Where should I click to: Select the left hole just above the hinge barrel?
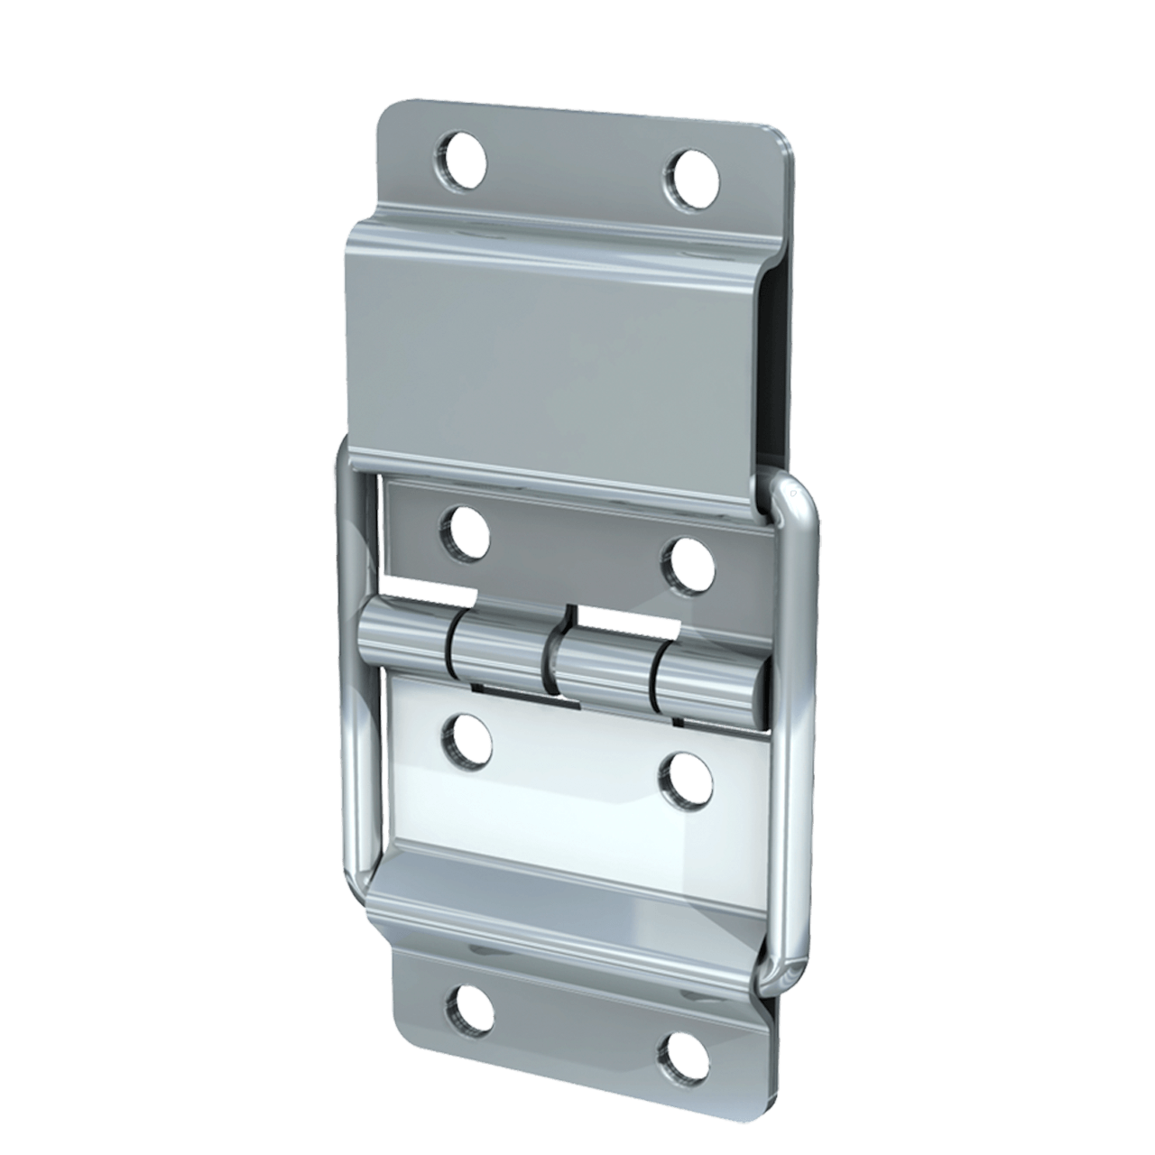465,533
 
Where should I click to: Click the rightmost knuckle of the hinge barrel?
713,683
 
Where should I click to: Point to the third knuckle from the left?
600,668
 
